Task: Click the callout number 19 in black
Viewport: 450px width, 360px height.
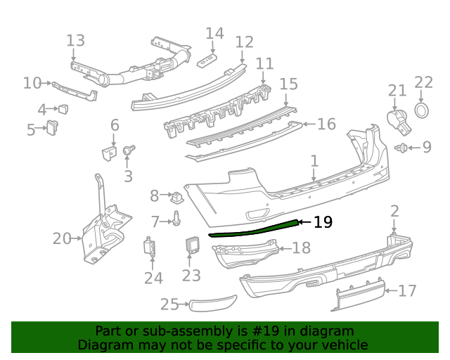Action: coord(322,223)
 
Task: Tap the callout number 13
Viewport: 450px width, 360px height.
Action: coord(75,41)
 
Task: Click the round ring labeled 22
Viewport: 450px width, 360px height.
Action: coord(422,110)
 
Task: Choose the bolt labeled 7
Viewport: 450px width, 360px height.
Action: coord(176,221)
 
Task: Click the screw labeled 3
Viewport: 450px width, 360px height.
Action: coord(129,150)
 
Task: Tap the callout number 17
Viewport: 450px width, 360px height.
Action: coord(407,290)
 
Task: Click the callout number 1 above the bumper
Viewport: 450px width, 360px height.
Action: coord(314,161)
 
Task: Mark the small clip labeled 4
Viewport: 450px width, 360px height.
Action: coord(63,108)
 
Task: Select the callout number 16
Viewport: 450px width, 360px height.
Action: coord(326,124)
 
